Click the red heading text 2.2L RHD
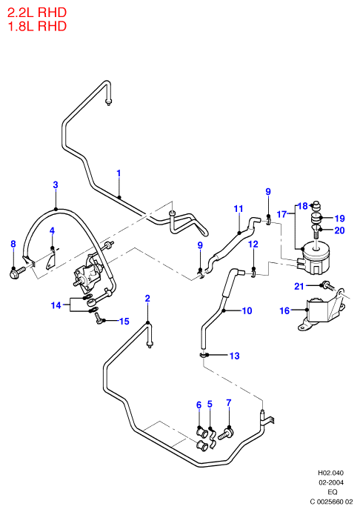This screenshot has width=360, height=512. [x=37, y=13]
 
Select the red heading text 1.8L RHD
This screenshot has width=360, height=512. [x=37, y=26]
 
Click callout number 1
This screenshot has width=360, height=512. [x=119, y=173]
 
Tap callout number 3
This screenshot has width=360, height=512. [x=56, y=184]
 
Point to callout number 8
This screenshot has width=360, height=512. [x=13, y=244]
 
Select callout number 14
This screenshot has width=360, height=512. [x=56, y=305]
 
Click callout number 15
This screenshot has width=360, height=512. [x=124, y=322]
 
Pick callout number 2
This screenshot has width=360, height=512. [x=147, y=298]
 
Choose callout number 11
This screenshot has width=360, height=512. [x=239, y=209]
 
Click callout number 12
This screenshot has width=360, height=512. [x=253, y=245]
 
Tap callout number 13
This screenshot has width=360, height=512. [x=234, y=356]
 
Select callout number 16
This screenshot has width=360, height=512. [x=285, y=310]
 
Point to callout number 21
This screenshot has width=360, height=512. [x=299, y=286]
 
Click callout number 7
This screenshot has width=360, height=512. [x=229, y=403]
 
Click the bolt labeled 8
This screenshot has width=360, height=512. [x=18, y=271]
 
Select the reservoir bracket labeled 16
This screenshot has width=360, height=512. [x=324, y=309]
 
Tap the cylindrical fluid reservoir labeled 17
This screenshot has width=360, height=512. [x=315, y=257]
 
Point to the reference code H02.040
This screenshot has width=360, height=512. [x=331, y=473]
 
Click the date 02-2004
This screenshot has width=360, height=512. [x=331, y=482]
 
